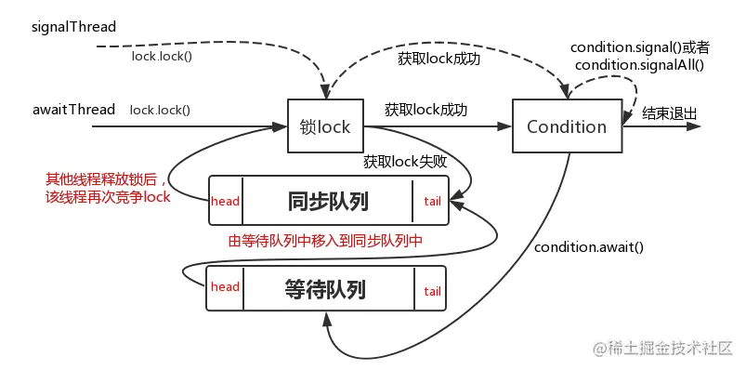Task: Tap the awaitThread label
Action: pos(74,110)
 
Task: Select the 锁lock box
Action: pos(325,126)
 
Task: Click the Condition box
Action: pos(566,126)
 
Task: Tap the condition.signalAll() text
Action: pos(640,65)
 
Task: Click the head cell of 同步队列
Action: pos(226,201)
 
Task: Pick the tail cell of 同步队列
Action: pos(431,201)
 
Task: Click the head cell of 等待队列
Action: pos(225,288)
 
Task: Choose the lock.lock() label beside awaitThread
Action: pos(160,110)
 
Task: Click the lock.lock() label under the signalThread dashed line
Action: pos(162,55)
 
